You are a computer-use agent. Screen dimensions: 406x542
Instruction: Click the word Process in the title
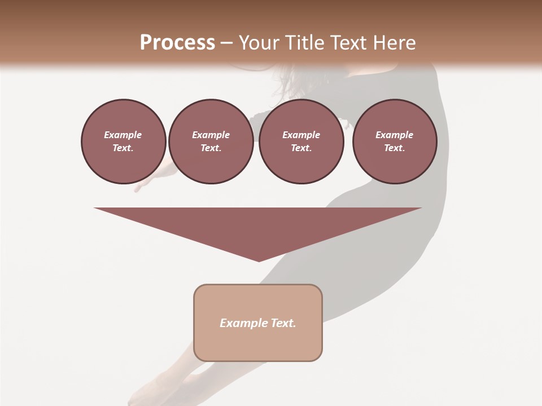[x=177, y=43]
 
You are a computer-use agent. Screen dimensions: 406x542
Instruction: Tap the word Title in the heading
[x=303, y=43]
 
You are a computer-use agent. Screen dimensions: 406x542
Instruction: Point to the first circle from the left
[x=123, y=142]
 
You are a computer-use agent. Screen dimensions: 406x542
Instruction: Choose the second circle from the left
[x=211, y=142]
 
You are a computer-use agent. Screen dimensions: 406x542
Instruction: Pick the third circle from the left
[x=301, y=142]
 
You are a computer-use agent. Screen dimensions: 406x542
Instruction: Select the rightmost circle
[x=395, y=142]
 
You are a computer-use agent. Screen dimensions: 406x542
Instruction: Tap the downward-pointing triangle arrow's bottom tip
[x=259, y=260]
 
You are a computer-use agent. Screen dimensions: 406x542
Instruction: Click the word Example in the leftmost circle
[x=123, y=135]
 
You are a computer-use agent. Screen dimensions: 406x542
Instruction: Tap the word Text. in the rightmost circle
[x=395, y=148]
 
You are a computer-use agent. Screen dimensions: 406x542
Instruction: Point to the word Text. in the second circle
[x=211, y=148]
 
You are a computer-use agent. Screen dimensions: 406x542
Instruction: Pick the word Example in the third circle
[x=301, y=135]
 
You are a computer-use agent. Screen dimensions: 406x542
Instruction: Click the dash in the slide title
[x=226, y=43]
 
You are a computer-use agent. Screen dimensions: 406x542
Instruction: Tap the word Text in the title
[x=348, y=43]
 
